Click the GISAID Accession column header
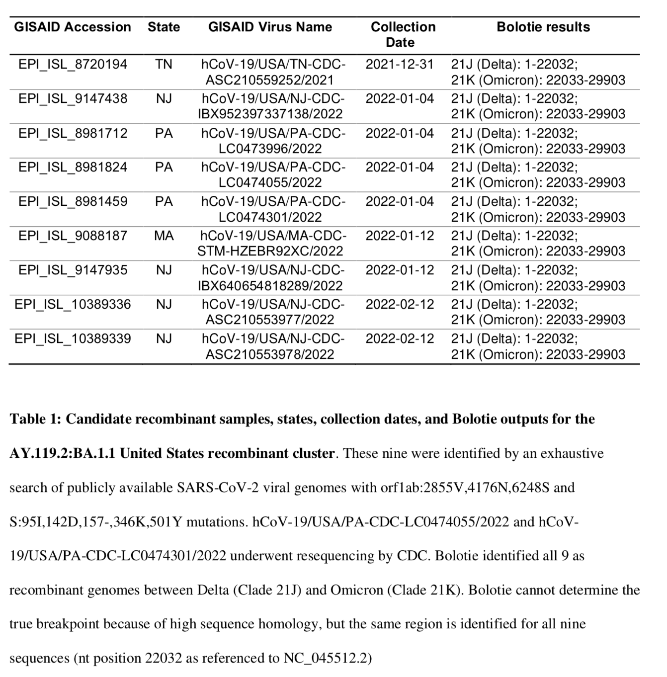[x=73, y=27]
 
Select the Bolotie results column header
[x=543, y=27]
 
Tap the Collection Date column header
[x=403, y=34]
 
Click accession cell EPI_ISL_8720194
[x=73, y=65]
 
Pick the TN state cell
[x=164, y=65]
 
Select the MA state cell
[x=164, y=236]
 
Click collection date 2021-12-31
[x=400, y=65]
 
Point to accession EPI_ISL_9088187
[x=73, y=236]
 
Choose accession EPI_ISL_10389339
[x=73, y=339]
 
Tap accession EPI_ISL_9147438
[x=73, y=99]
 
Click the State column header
[x=164, y=27]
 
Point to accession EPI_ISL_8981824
[x=73, y=168]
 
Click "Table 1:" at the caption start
[x=35, y=419]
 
